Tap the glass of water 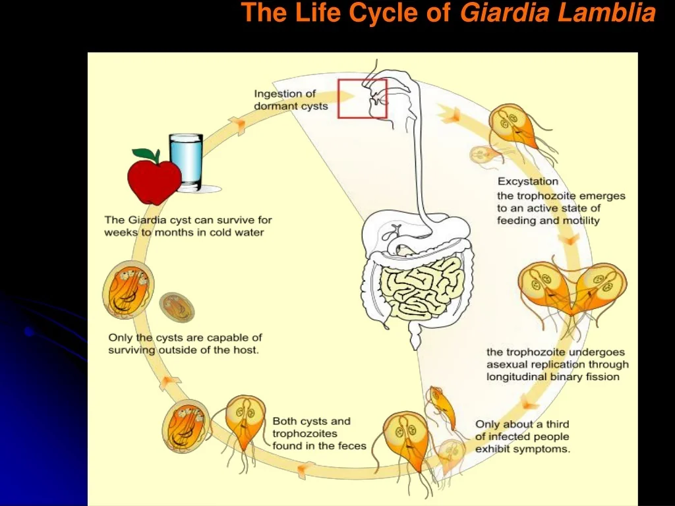point(186,161)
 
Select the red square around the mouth point(362,98)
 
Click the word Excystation point(527,181)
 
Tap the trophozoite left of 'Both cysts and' point(245,422)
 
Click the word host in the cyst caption point(245,351)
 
